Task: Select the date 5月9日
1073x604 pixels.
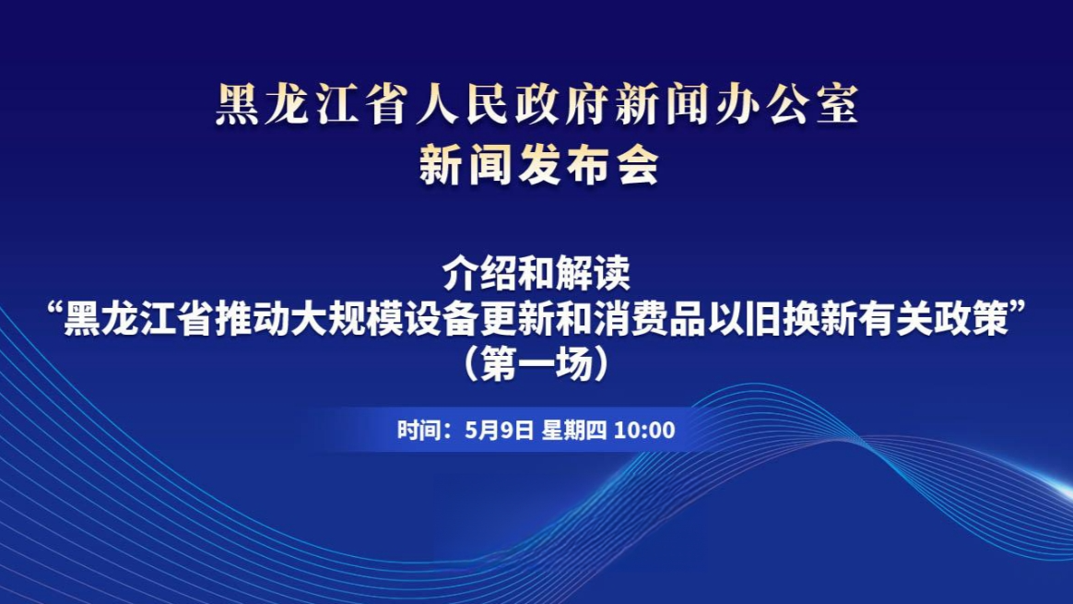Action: (x=501, y=430)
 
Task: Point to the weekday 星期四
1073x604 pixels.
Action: (x=573, y=430)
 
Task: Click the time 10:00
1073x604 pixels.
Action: (x=644, y=430)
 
